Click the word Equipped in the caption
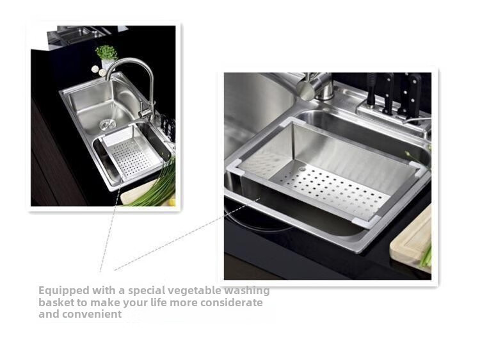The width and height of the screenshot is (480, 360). tap(64, 291)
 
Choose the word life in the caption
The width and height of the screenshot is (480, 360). tap(158, 302)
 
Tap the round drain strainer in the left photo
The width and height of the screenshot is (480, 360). tap(108, 124)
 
